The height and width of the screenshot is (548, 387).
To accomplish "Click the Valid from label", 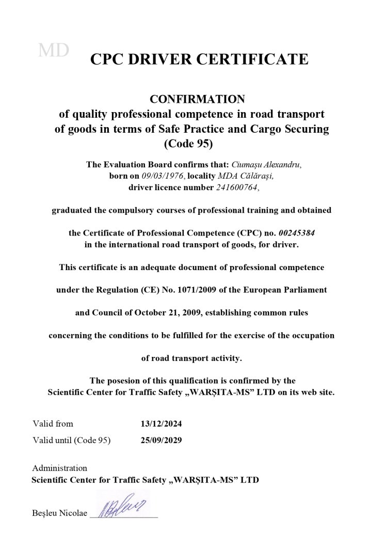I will click(x=53, y=424).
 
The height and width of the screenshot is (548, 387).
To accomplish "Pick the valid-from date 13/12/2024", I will click(x=161, y=424).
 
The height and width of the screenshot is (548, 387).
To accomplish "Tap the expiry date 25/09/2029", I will click(x=161, y=441).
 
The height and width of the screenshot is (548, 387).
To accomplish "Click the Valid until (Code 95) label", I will click(x=71, y=441).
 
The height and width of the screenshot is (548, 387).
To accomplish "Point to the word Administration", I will click(x=59, y=468).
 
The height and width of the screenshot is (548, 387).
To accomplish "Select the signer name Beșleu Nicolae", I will click(x=59, y=514).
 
